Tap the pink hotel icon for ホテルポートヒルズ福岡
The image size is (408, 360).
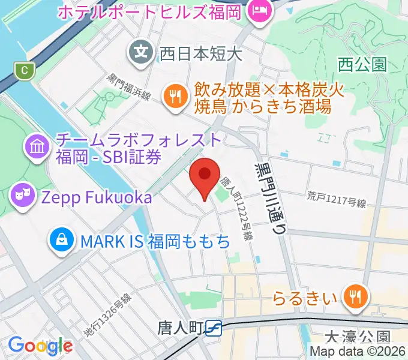point(260,11)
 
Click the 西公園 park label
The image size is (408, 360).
point(362,64)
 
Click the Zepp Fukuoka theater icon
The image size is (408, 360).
point(23,196)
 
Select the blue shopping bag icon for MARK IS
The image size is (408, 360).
point(62,241)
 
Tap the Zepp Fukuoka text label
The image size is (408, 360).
point(96,196)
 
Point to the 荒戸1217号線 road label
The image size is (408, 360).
point(336,199)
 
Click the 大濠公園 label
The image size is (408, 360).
point(367,337)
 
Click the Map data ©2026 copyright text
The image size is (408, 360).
point(358,352)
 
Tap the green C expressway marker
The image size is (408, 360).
point(24,70)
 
